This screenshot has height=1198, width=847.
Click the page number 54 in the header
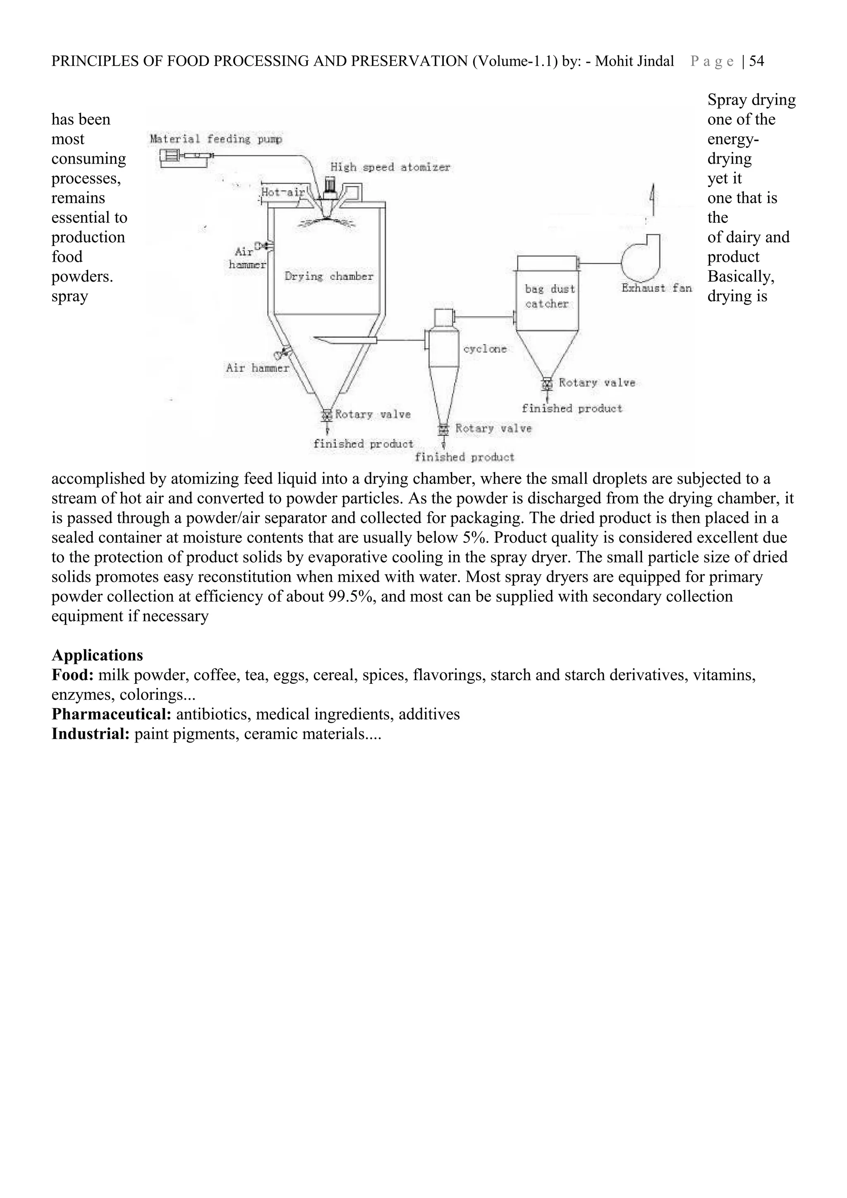pos(756,62)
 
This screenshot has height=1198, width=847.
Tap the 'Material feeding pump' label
pos(215,139)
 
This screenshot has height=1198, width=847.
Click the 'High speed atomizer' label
pos(390,167)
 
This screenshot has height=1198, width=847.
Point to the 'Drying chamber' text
pos(329,277)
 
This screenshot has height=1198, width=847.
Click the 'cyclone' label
pos(485,349)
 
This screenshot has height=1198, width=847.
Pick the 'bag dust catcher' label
pos(550,296)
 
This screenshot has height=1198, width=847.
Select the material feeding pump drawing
pos(185,157)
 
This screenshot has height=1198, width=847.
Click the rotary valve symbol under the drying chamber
pos(327,415)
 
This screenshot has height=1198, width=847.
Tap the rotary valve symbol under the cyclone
pos(443,430)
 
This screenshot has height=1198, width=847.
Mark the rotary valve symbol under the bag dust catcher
pos(547,384)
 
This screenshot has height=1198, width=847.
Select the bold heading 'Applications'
pos(97,655)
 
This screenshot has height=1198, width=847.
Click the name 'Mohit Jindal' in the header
pos(634,62)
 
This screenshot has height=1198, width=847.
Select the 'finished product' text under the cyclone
pos(464,458)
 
